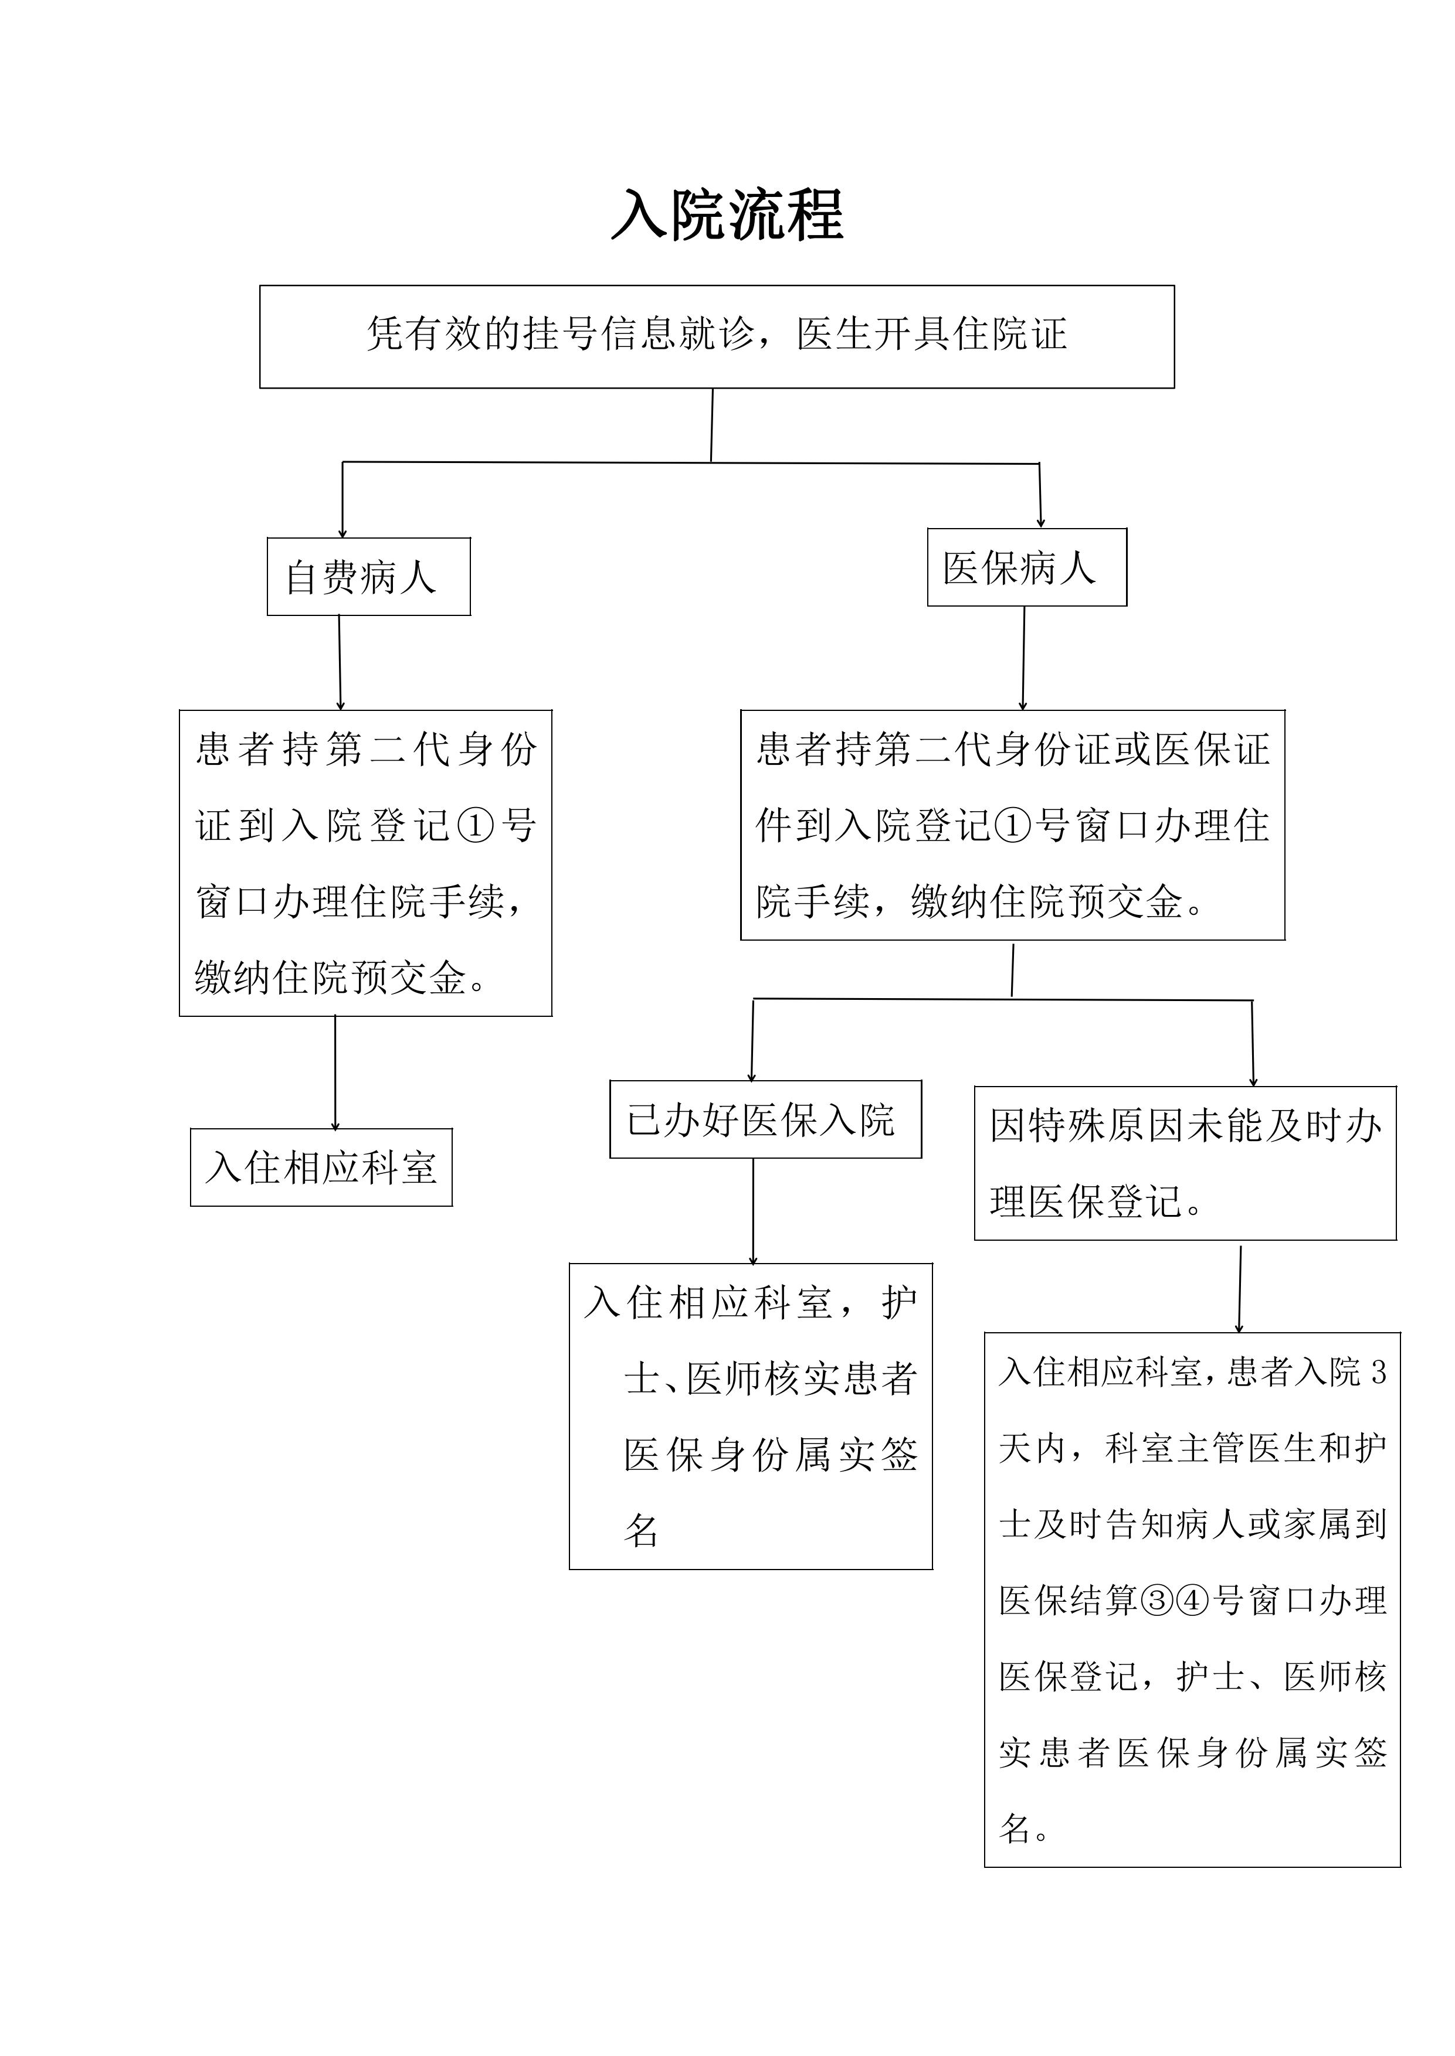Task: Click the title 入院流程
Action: pos(727,215)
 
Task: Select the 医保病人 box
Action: pos(1027,567)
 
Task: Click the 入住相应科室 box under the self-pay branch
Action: pos(321,1167)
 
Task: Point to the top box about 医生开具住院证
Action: pos(717,336)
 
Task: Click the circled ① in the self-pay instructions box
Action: pos(475,825)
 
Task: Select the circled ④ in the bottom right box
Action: pos(1192,1600)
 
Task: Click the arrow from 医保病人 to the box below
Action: pos(1023,658)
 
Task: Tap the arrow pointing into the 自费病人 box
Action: pos(342,500)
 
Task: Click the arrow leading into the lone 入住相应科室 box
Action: pos(335,1072)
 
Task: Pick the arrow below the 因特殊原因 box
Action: pos(1240,1289)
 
